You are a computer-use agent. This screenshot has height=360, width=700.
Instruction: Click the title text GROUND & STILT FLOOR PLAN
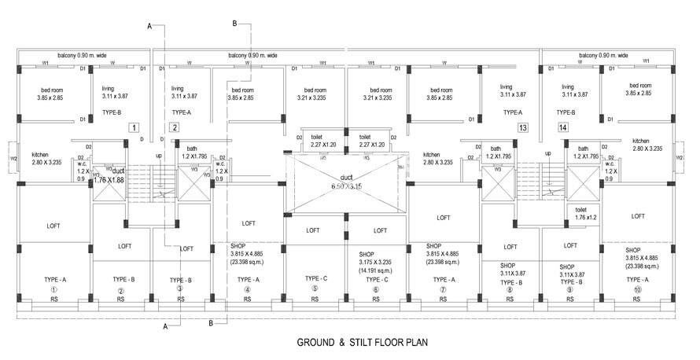pos(361,343)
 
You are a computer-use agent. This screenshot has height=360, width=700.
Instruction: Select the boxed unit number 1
pos(134,127)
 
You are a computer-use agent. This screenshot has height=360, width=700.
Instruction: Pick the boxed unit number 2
pos(175,127)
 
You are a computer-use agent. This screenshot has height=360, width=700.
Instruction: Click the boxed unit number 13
pos(522,127)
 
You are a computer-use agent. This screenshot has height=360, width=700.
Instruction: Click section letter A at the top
pos(149,26)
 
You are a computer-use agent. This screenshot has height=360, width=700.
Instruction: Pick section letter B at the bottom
pos(211,323)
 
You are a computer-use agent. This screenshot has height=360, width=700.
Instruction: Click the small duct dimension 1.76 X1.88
pos(110,179)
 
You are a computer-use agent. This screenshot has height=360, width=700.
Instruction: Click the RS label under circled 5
pos(315,299)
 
